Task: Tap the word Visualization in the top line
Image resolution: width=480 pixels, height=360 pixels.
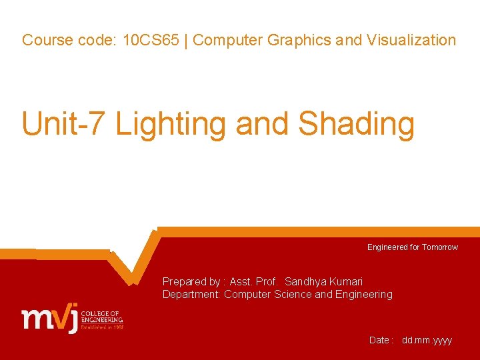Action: pyautogui.click(x=411, y=40)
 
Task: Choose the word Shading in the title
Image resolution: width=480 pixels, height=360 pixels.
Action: pyautogui.click(x=357, y=124)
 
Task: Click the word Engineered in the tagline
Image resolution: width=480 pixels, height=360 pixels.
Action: pyautogui.click(x=387, y=247)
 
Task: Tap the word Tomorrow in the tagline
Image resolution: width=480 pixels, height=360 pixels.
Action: pyautogui.click(x=440, y=247)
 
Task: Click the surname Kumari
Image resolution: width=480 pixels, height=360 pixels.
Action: pyautogui.click(x=346, y=282)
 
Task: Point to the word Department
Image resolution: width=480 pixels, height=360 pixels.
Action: pyautogui.click(x=191, y=295)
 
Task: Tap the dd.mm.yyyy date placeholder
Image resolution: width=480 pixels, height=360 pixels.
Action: pyautogui.click(x=427, y=340)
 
